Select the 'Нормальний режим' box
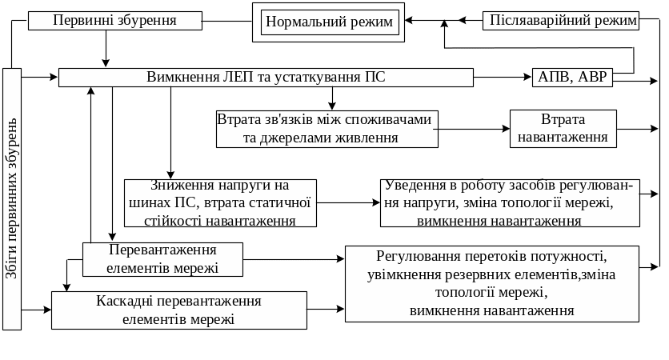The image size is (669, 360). pyautogui.click(x=330, y=22)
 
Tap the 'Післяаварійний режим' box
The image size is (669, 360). pyautogui.click(x=561, y=20)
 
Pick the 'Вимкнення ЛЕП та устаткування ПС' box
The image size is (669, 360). pyautogui.click(x=266, y=78)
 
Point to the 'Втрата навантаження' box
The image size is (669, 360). pyautogui.click(x=563, y=128)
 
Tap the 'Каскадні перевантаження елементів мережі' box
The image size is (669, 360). pyautogui.click(x=179, y=310)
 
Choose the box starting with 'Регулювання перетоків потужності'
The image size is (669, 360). pyautogui.click(x=491, y=283)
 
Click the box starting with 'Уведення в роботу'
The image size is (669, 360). pyautogui.click(x=510, y=202)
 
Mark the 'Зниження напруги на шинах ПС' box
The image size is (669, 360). pyautogui.click(x=219, y=202)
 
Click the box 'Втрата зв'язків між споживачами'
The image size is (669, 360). pyautogui.click(x=326, y=129)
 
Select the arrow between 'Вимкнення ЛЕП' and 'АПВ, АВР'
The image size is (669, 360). pyautogui.click(x=503, y=78)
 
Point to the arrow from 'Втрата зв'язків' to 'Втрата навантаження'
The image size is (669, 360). pyautogui.click(x=475, y=128)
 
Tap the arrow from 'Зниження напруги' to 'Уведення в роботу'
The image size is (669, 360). pyautogui.click(x=347, y=202)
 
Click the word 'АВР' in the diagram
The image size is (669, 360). pyautogui.click(x=594, y=78)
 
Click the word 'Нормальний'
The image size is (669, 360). pyautogui.click(x=302, y=22)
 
